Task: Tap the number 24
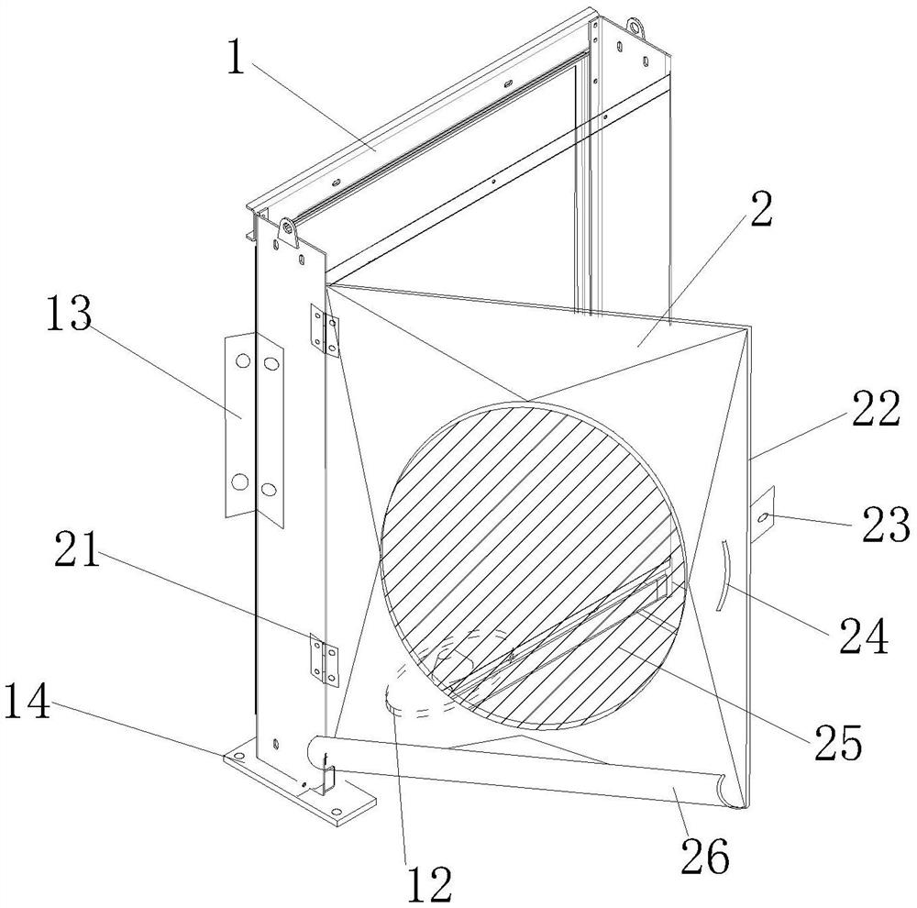coord(862,635)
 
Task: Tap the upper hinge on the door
coord(326,329)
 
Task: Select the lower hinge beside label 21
coord(324,659)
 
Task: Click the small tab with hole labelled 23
coord(762,518)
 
